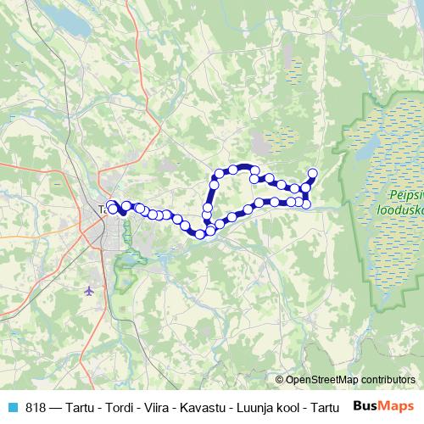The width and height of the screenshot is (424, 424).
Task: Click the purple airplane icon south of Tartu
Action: click(x=91, y=291)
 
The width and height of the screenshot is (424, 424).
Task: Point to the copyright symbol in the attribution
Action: click(x=280, y=380)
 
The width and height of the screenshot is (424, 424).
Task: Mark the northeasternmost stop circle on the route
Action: click(x=312, y=174)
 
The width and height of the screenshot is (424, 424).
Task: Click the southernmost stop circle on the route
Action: click(x=201, y=234)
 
